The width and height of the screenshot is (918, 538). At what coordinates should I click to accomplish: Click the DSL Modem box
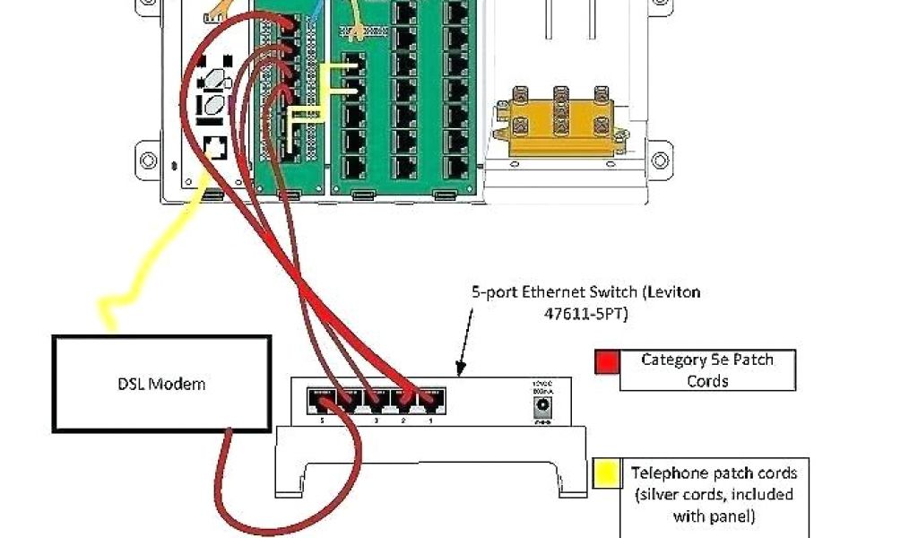pos(161,384)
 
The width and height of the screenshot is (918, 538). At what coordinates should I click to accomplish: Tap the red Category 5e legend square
pos(607,361)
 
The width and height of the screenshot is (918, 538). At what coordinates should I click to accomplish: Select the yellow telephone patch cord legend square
pos(607,473)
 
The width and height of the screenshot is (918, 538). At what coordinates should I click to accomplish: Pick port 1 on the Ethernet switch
pos(432,397)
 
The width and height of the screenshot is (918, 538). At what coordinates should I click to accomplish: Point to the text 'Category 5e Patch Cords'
pos(707,369)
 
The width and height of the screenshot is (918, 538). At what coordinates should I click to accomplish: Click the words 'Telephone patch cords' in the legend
pos(714,473)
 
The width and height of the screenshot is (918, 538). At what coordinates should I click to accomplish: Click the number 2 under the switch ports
pos(403,420)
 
